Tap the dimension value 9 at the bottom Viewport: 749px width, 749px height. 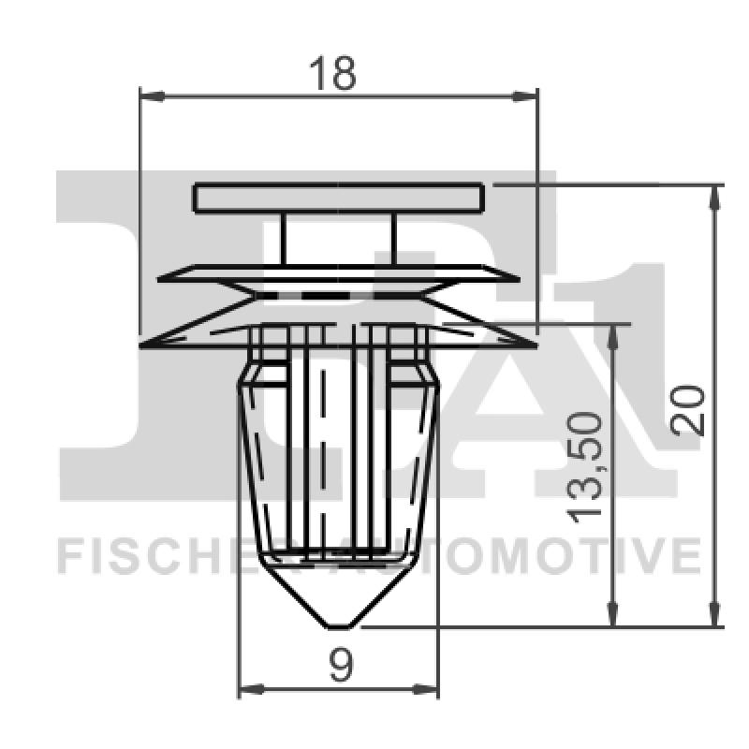(341, 666)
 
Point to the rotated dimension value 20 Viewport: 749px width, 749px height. (689, 408)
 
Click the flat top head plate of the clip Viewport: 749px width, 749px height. (339, 198)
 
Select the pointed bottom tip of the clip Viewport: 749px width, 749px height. (339, 623)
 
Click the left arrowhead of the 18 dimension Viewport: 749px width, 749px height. (151, 95)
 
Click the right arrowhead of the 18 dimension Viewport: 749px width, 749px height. (527, 95)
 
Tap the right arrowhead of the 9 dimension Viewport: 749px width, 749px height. (428, 690)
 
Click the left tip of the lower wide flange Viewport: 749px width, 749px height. (143, 346)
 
